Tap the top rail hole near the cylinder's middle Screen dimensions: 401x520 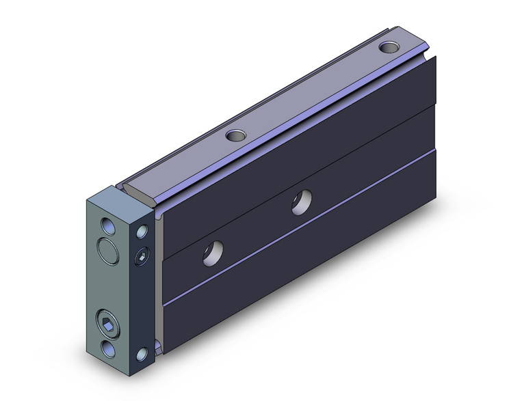coord(235,135)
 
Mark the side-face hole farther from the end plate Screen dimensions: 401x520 coord(300,202)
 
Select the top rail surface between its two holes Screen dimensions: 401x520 coord(308,92)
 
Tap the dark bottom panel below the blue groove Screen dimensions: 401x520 coord(308,260)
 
